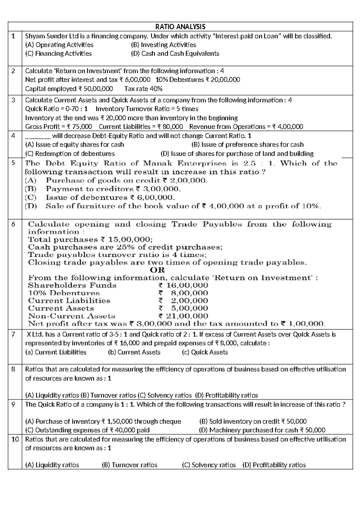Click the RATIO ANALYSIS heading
tap(180, 27)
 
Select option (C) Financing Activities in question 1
tap(58, 54)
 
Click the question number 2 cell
tap(13, 71)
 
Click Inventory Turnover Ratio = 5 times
tap(147, 109)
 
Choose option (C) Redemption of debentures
tap(70, 154)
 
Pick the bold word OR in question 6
tap(157, 270)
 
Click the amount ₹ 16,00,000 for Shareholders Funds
tap(183, 285)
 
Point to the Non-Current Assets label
tap(72, 316)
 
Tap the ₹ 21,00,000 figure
tap(183, 316)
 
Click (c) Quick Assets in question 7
tap(205, 352)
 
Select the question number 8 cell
tap(13, 369)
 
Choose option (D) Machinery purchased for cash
tap(262, 430)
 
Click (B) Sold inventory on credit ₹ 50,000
tap(253, 422)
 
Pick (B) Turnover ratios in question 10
tap(130, 465)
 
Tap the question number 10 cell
tap(15, 439)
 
